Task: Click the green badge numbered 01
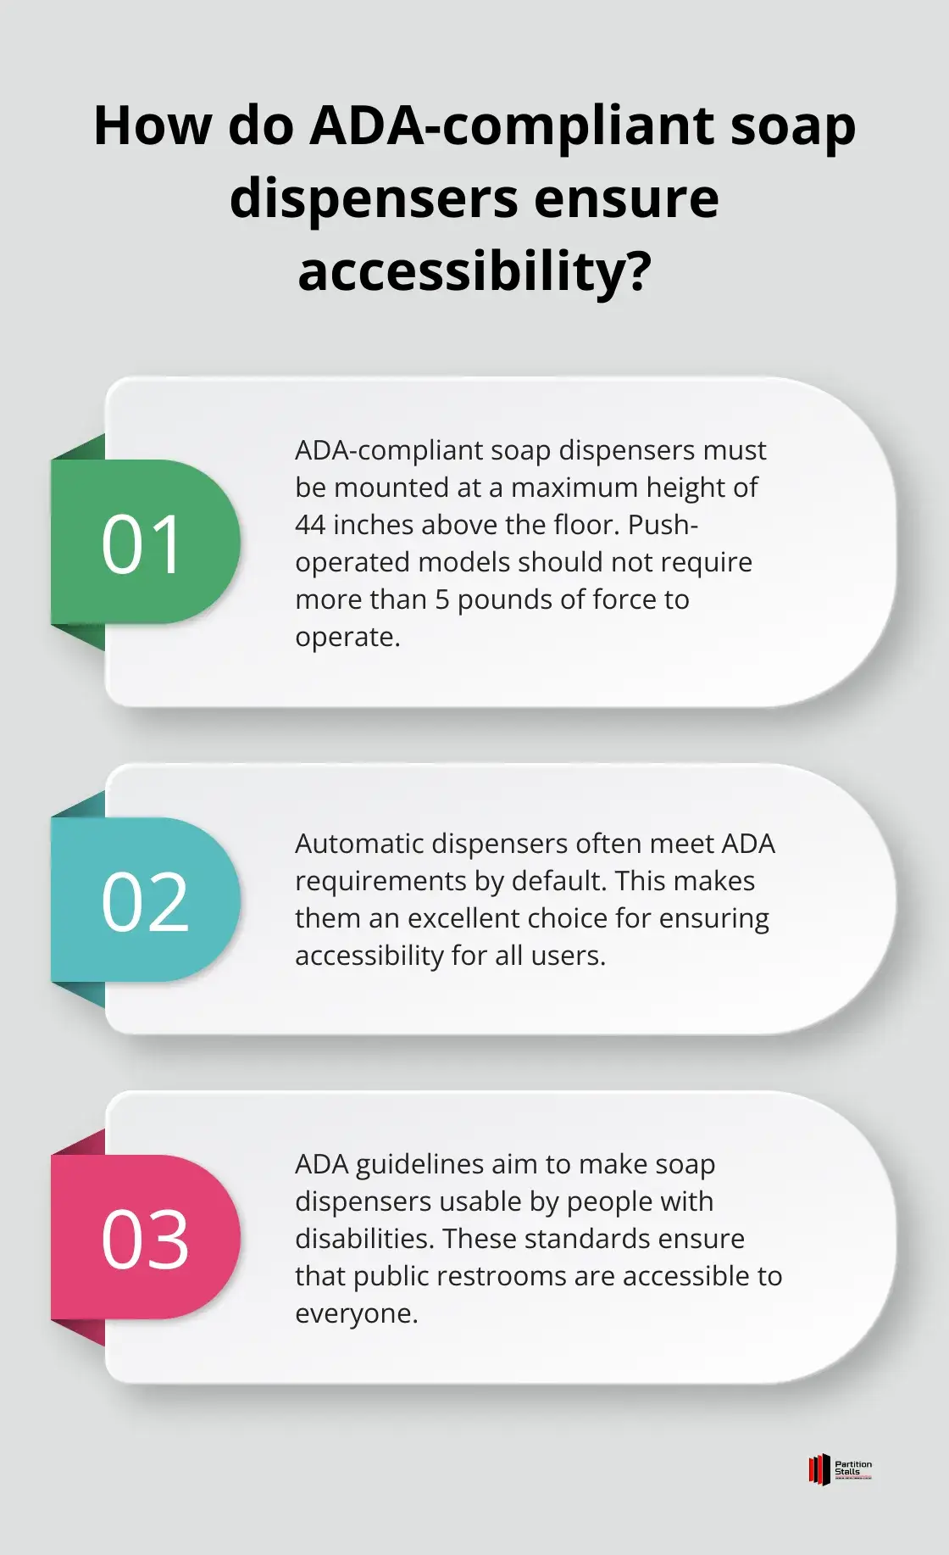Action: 145,543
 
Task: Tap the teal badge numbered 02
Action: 145,900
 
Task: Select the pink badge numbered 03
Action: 145,1238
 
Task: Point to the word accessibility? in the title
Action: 474,272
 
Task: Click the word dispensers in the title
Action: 373,199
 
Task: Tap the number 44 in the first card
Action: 310,525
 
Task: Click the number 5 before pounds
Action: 441,599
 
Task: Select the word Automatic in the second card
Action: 359,844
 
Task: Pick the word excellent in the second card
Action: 530,918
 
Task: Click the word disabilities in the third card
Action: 364,1239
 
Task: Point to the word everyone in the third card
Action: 353,1314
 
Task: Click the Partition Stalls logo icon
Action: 819,1469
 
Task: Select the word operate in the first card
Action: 344,638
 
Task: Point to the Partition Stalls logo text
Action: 853,1469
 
